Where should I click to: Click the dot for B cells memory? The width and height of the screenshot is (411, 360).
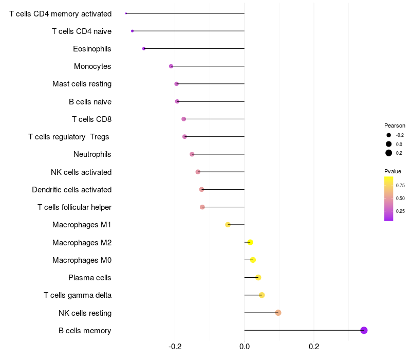click(364, 330)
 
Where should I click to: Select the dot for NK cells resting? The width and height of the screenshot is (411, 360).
click(278, 313)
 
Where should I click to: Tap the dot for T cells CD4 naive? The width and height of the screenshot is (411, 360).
click(133, 31)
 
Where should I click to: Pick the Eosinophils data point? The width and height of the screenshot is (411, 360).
click(144, 48)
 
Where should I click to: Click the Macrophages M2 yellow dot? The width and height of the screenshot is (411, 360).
click(250, 242)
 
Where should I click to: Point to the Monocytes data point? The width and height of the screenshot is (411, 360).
click(171, 66)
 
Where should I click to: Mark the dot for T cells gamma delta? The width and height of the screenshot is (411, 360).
click(261, 295)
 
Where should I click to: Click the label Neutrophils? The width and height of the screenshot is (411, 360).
click(92, 154)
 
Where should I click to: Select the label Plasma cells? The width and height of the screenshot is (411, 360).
click(90, 278)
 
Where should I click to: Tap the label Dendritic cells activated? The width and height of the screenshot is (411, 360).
click(71, 190)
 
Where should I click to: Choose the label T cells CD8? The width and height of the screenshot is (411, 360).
click(91, 119)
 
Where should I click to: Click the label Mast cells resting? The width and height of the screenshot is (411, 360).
click(82, 84)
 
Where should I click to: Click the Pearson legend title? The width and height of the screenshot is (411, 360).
click(395, 125)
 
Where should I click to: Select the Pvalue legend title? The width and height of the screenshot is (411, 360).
click(393, 171)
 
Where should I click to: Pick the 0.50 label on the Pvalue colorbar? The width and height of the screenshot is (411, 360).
click(400, 198)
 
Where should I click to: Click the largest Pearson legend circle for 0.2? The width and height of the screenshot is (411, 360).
click(389, 153)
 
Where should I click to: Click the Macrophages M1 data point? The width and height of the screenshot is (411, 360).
click(228, 225)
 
